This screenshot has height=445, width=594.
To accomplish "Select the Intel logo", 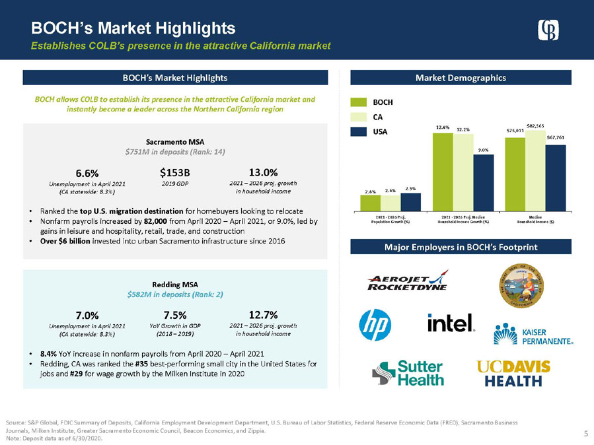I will tap(451, 323).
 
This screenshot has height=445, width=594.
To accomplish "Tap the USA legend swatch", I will tap(357, 131).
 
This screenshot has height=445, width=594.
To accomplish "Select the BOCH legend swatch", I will tap(357, 102).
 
